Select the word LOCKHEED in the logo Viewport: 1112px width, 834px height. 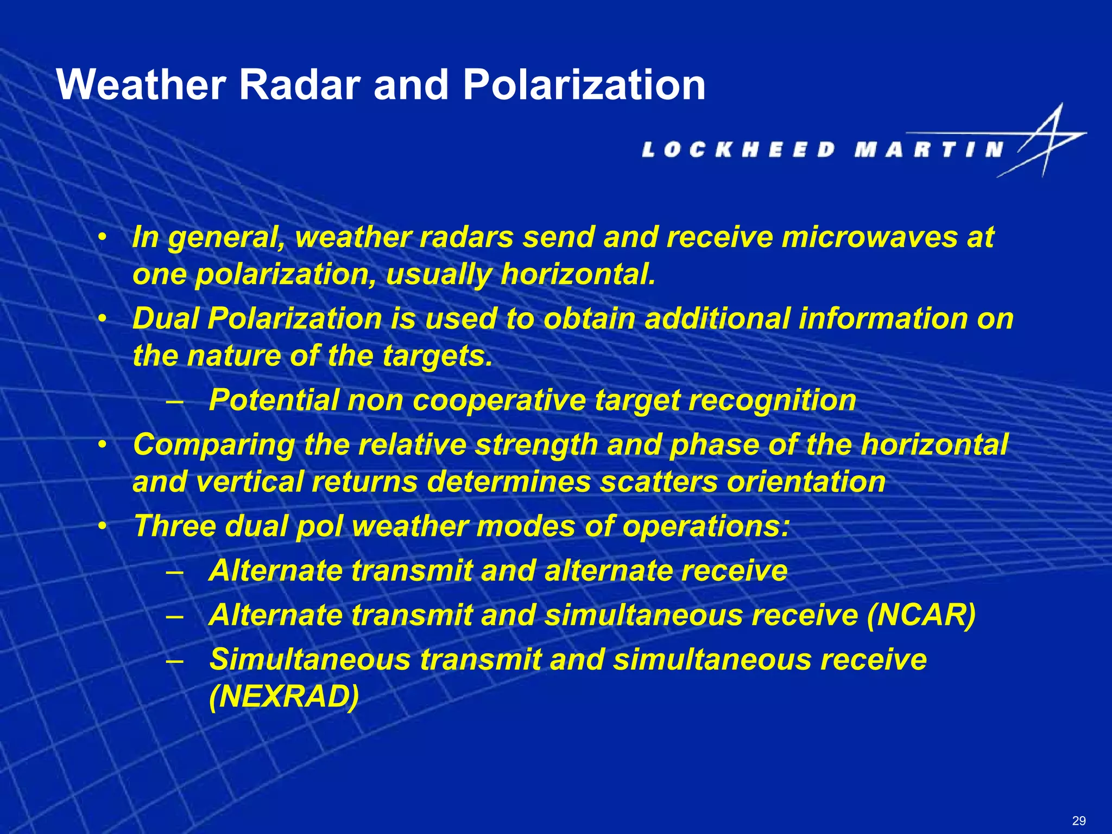coord(738,149)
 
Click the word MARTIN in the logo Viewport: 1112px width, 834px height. coord(928,149)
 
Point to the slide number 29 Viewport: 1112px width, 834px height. coord(1079,820)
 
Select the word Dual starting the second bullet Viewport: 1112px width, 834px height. coord(166,318)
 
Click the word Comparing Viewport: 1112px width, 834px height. coord(214,445)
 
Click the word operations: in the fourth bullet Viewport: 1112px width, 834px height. coord(705,526)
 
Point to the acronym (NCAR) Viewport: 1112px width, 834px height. coord(921,615)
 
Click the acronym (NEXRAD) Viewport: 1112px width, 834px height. coord(284,697)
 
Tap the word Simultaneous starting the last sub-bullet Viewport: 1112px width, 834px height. coord(310,660)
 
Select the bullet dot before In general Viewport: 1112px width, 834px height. coord(102,238)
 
